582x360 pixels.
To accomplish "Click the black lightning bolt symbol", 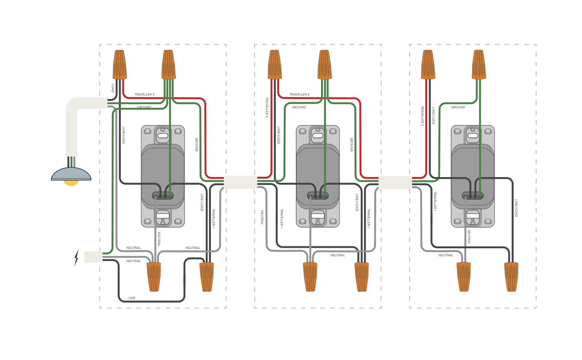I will tap(76, 257).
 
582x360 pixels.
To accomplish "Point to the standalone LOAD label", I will tap(113, 88).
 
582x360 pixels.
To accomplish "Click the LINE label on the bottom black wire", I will tap(132, 298).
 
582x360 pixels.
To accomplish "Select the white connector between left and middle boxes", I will tap(240, 182).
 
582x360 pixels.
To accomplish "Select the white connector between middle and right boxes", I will tap(395, 182).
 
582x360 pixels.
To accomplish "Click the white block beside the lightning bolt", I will tap(93, 257).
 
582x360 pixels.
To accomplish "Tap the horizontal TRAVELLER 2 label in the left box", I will tap(144, 94).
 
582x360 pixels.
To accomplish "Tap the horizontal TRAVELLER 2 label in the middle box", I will tap(299, 94).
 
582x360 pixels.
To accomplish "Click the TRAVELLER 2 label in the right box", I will tap(422, 116).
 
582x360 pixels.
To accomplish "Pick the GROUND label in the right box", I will tap(458, 107).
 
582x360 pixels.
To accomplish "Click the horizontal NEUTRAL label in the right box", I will tap(446, 255).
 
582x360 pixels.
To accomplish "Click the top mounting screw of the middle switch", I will tap(318, 130).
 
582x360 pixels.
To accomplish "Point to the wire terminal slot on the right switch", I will tap(473, 196).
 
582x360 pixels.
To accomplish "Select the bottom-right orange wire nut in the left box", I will tap(207, 277).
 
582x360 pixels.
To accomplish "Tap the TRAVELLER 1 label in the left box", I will tap(214, 218).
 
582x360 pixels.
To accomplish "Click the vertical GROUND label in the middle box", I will tap(352, 144).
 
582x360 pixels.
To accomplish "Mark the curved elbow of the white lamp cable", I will tap(72, 104).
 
